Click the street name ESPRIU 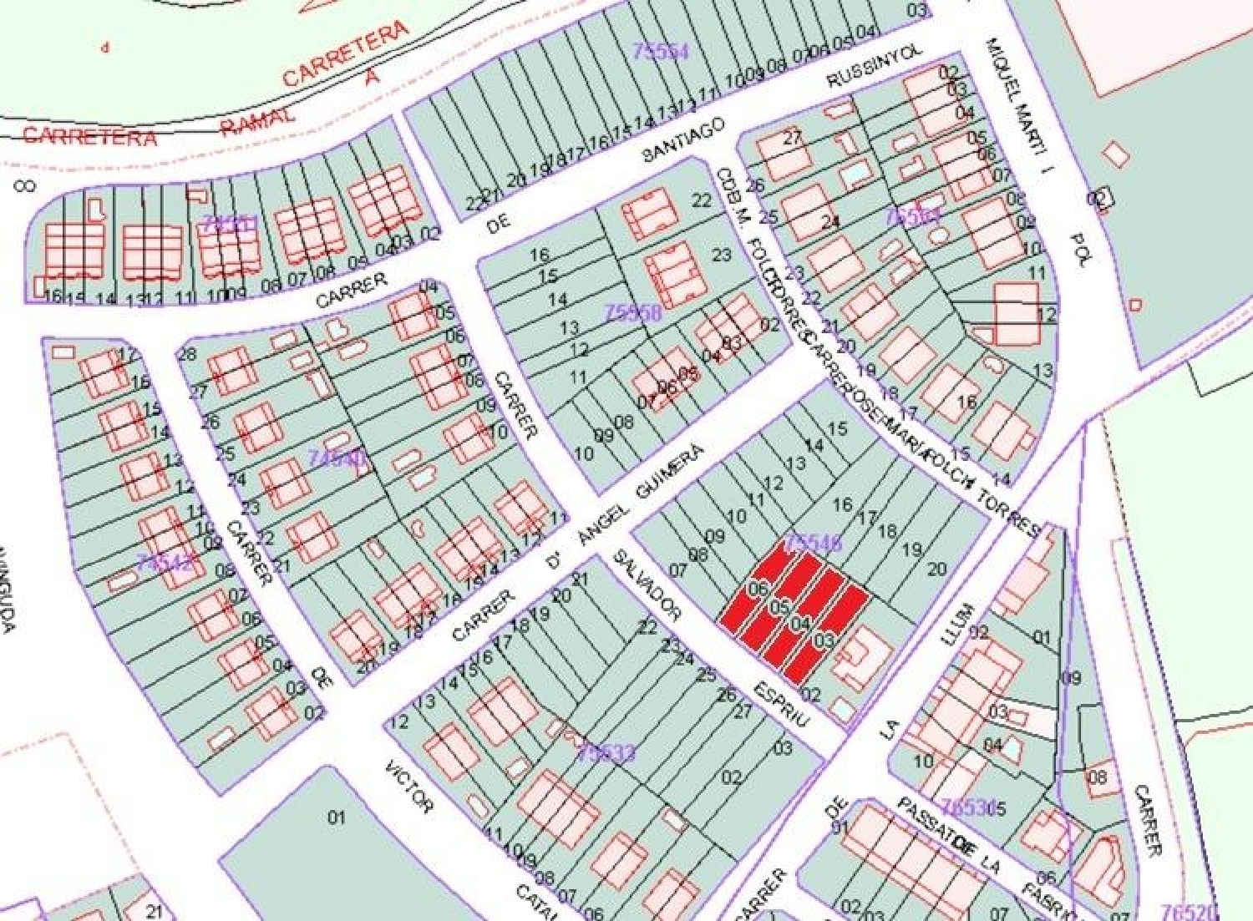point(780,705)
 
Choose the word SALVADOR point(647,584)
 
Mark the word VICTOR point(409,787)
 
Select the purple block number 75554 point(661,52)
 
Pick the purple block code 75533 point(606,753)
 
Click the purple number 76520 point(1190,912)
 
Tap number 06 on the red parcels point(758,590)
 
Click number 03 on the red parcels point(824,640)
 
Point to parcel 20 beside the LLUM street point(936,569)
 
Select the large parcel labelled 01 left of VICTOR point(336,817)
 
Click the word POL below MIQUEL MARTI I point(1079,250)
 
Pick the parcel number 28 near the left point(187,354)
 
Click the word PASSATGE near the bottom point(926,827)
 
